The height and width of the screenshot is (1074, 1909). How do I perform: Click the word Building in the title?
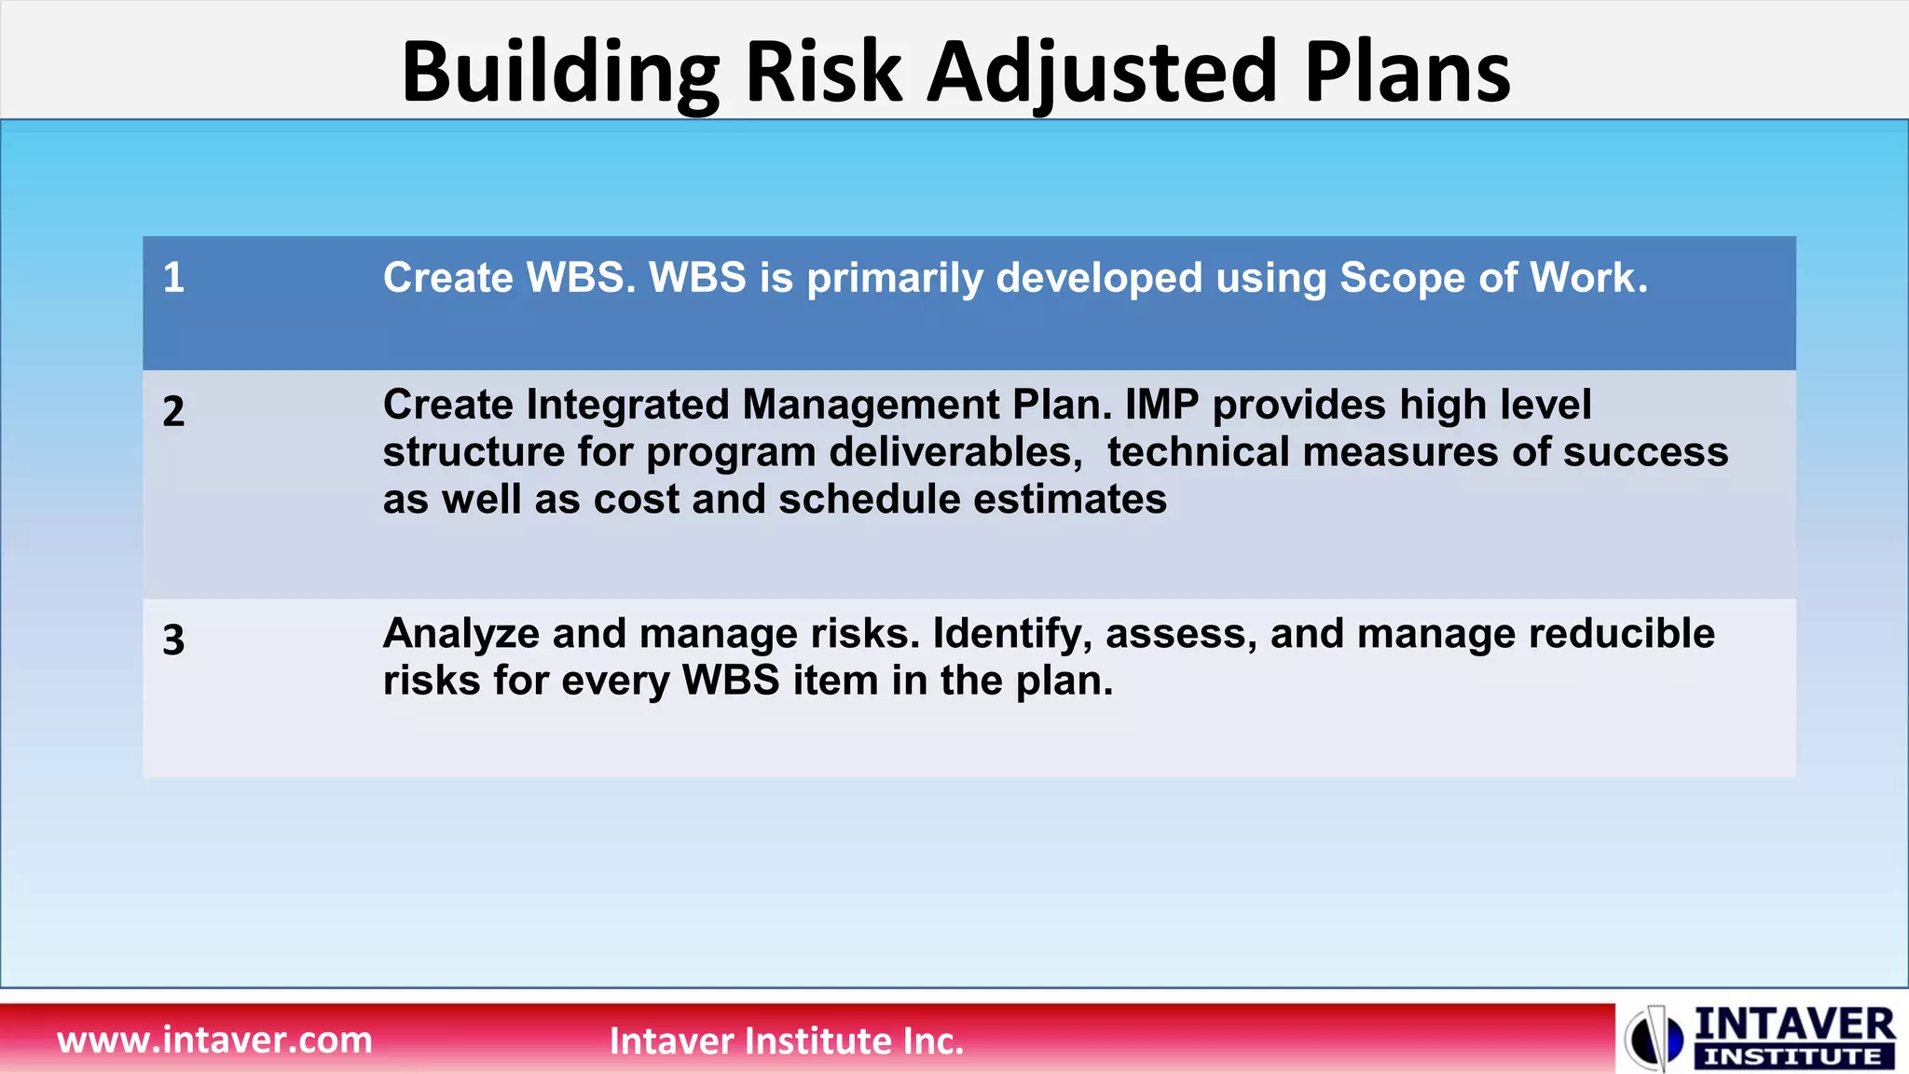click(559, 73)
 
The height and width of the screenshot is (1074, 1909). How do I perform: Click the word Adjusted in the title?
click(1101, 73)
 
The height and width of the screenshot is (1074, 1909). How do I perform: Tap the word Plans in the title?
click(1407, 73)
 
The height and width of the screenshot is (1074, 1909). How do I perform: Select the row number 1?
click(173, 278)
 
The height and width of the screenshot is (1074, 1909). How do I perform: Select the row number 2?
click(173, 412)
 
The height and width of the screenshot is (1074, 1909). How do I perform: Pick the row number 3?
click(173, 640)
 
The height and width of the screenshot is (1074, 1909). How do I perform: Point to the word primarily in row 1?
click(894, 279)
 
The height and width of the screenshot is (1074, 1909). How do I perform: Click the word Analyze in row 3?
click(460, 634)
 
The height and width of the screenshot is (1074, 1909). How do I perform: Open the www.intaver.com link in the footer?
click(214, 1040)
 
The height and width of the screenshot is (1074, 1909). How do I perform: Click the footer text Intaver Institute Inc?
click(786, 1040)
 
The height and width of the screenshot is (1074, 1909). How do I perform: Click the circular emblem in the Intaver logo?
click(1654, 1038)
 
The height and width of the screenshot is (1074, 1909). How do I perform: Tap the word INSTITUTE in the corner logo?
click(1792, 1057)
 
